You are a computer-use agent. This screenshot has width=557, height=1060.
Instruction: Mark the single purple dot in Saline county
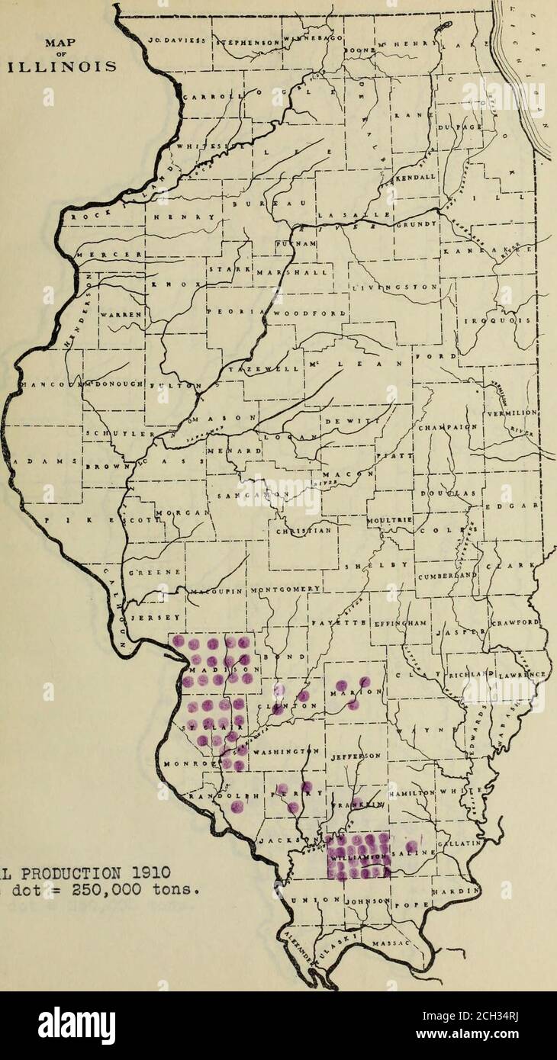(x=411, y=846)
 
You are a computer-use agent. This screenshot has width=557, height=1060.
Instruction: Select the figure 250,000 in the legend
(x=95, y=888)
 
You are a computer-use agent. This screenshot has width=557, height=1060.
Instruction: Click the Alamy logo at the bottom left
(x=76, y=1025)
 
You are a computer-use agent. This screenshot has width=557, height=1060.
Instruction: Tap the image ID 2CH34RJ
(x=501, y=1018)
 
